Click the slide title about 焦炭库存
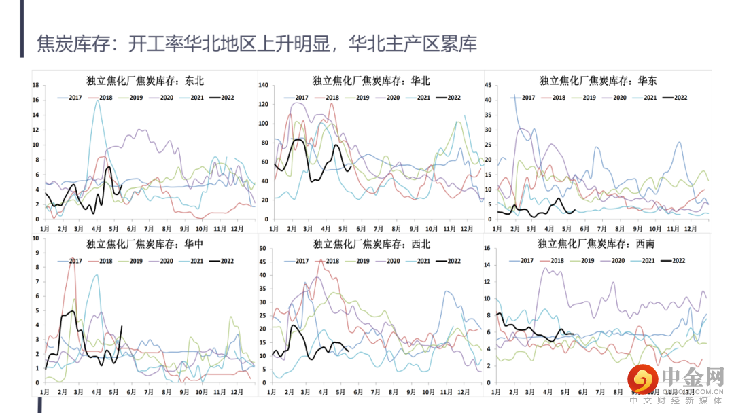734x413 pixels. tap(257, 44)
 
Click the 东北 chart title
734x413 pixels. tap(145, 81)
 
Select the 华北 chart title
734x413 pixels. tap(371, 81)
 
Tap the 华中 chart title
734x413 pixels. tap(145, 244)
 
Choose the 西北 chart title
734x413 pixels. tap(371, 244)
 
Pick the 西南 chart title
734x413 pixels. tap(596, 243)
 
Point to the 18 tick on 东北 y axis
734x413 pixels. tap(37, 85)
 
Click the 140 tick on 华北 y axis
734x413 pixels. tap(264, 85)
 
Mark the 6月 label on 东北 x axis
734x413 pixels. tap(132, 228)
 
